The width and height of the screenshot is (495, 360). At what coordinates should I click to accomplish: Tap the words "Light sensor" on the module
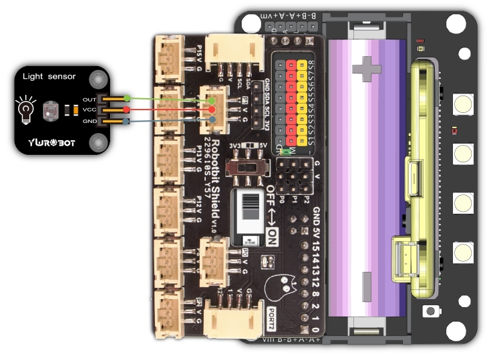pyautogui.click(x=49, y=77)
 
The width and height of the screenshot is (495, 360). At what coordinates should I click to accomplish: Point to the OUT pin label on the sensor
pyautogui.click(x=90, y=99)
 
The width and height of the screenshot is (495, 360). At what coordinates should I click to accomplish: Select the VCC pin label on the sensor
pyautogui.click(x=90, y=110)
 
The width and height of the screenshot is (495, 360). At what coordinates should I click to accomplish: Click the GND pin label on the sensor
pyautogui.click(x=90, y=121)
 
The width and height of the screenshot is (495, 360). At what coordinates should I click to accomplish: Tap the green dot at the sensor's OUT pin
pyautogui.click(x=128, y=99)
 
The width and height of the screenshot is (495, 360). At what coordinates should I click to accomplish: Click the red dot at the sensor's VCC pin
pyautogui.click(x=128, y=110)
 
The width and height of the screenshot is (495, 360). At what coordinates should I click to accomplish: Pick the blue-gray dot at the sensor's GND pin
pyautogui.click(x=128, y=121)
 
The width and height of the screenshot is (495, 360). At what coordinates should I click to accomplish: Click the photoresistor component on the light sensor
pyautogui.click(x=51, y=110)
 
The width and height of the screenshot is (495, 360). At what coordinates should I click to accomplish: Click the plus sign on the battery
pyautogui.click(x=366, y=66)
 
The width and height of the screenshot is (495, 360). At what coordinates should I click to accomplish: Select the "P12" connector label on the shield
pyautogui.click(x=198, y=202)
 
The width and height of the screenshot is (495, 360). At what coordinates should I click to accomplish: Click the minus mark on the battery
pyautogui.click(x=366, y=280)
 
